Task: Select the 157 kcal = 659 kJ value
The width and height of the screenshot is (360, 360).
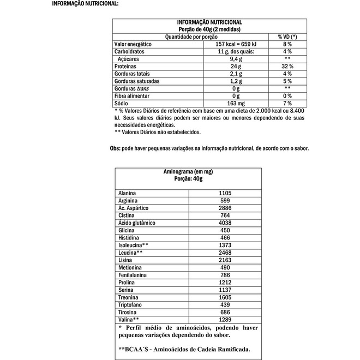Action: coord(236,44)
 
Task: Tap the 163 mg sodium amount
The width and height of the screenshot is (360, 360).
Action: coord(236,103)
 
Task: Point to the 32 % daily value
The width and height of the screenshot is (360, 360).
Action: coord(287,66)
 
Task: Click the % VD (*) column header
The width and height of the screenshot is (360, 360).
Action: coord(287,37)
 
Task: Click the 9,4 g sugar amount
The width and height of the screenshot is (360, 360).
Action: coord(236,59)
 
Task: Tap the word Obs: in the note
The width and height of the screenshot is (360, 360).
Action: coord(115,148)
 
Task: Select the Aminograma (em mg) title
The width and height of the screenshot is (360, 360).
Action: coord(188,171)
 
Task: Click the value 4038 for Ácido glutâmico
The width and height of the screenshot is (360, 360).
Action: coord(225,223)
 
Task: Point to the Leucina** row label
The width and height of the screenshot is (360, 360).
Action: coord(130,253)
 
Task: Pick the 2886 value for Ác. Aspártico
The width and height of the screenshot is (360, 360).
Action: coord(225,208)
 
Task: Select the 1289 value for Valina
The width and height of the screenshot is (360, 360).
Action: coord(225,319)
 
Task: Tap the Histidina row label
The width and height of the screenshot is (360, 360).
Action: coord(129,238)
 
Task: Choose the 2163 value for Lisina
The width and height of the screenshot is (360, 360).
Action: coord(225,260)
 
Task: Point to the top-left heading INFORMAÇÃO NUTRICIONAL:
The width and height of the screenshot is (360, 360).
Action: coord(85,4)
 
